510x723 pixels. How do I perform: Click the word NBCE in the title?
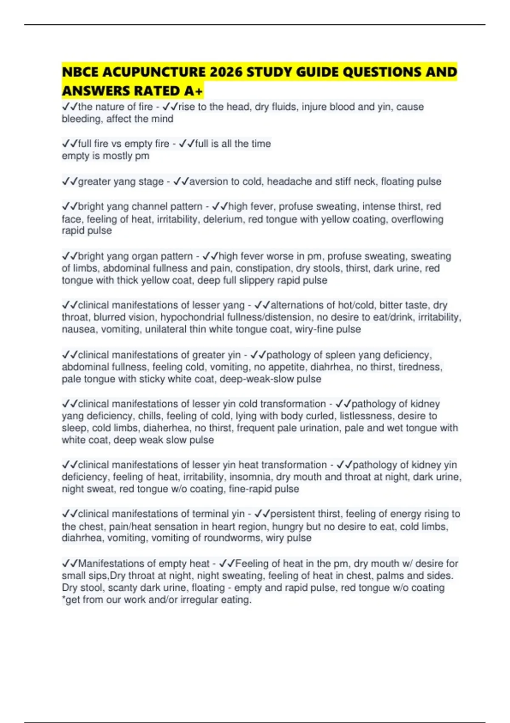pos(80,72)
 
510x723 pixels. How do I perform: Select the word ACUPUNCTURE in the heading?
pos(155,72)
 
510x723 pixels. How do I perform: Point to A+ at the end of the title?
pos(194,91)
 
